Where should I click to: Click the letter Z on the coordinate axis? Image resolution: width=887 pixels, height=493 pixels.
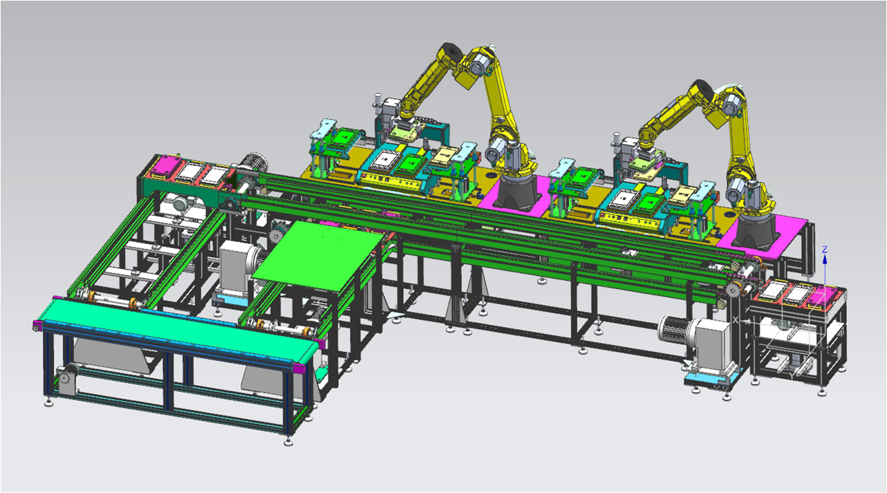point(825,249)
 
